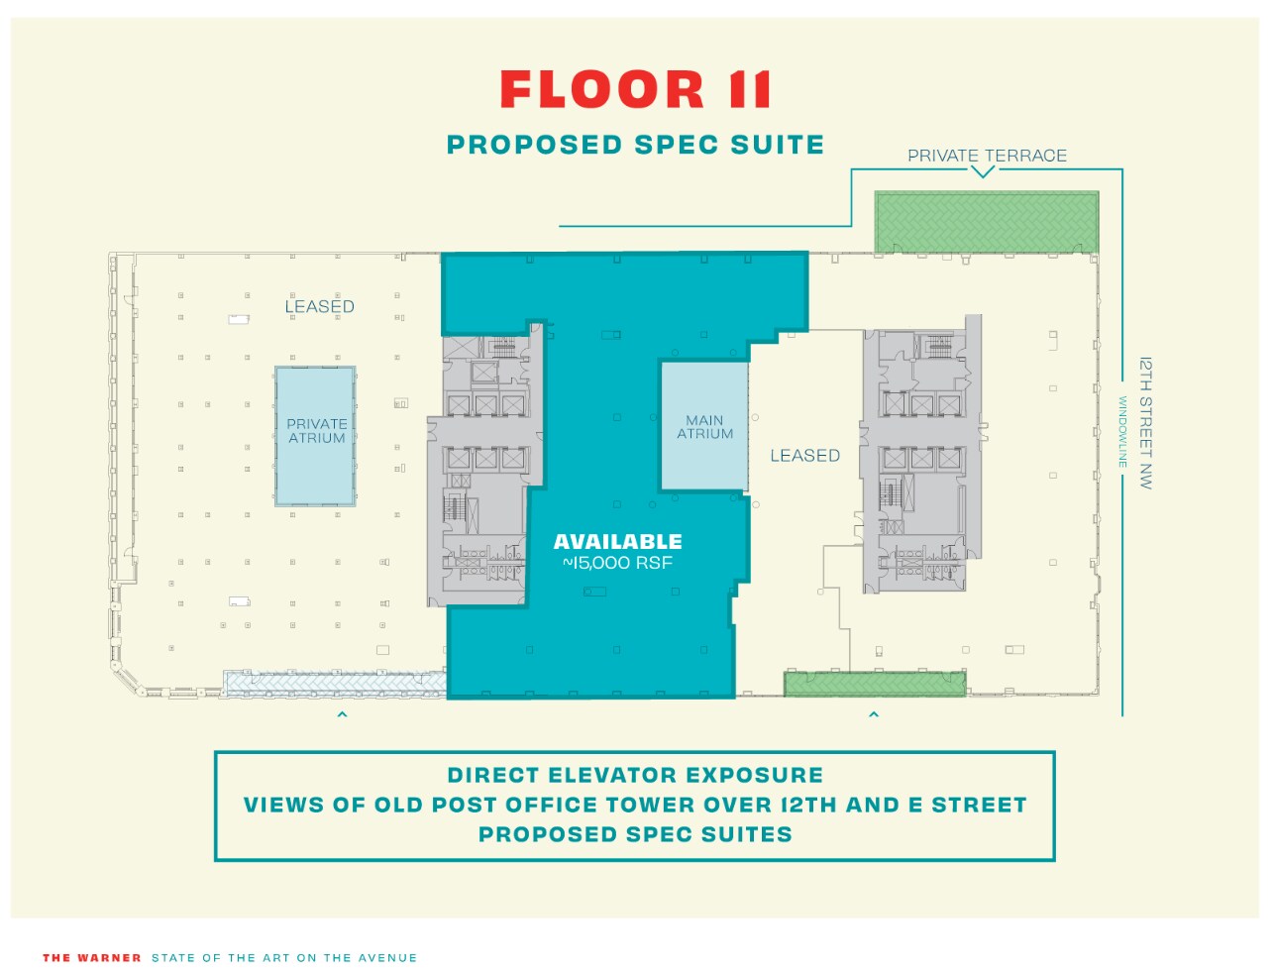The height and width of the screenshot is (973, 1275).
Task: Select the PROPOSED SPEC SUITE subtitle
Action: (635, 145)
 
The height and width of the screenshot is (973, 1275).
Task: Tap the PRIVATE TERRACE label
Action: (987, 156)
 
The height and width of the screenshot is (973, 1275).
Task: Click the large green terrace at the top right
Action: (986, 222)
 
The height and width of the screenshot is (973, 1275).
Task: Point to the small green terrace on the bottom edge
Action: (875, 684)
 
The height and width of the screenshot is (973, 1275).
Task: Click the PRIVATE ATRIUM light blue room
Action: (316, 436)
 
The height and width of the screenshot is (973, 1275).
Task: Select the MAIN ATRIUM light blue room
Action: (704, 427)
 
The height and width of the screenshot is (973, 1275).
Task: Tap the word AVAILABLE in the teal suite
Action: (617, 542)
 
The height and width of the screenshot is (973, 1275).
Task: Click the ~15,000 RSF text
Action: (617, 563)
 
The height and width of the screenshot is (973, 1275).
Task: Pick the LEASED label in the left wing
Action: (319, 306)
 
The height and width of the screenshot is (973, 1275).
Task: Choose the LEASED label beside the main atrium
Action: (804, 456)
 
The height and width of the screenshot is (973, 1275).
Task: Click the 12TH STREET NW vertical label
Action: (1145, 423)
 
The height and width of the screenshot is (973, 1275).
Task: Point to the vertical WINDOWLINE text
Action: (1123, 432)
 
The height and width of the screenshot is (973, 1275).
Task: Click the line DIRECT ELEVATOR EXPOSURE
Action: (635, 775)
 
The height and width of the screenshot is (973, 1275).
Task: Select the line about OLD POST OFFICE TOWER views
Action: (635, 805)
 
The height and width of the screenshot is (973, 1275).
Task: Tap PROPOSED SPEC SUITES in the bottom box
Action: (635, 834)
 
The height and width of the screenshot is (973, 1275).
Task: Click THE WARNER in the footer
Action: (92, 958)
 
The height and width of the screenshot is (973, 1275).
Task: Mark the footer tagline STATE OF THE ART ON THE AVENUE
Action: (284, 958)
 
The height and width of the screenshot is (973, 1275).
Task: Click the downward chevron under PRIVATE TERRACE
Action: (982, 172)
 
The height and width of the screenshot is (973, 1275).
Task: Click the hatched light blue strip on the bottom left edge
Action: (334, 683)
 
